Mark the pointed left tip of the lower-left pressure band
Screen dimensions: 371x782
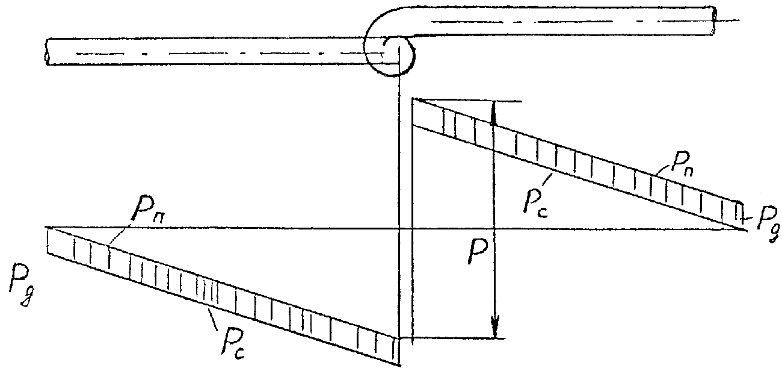(x=48, y=228)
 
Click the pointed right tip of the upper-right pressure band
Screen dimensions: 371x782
(x=745, y=228)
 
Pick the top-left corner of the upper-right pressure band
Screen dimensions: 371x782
(x=413, y=100)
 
